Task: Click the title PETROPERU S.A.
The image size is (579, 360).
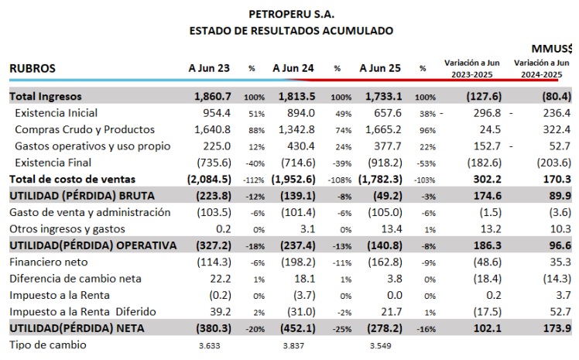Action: click(291, 14)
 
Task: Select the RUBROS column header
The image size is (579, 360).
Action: click(33, 68)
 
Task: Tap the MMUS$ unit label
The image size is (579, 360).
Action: click(552, 48)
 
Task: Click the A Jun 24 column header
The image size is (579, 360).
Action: click(293, 68)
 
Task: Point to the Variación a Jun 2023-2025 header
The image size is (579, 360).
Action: click(472, 69)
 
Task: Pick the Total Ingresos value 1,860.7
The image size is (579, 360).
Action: click(213, 96)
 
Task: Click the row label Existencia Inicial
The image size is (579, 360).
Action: click(57, 113)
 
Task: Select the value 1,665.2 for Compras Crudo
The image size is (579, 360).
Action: click(383, 129)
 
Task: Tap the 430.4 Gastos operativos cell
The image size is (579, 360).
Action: click(301, 146)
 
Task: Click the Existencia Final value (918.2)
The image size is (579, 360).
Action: click(385, 163)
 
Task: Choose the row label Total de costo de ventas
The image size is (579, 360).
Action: click(73, 180)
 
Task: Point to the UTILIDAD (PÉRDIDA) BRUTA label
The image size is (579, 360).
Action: click(82, 196)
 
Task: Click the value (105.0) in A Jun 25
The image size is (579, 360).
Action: click(385, 212)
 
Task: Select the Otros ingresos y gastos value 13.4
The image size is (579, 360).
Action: click(392, 229)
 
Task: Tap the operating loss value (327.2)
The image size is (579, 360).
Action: click(214, 245)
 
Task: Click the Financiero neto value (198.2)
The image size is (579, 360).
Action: click(298, 262)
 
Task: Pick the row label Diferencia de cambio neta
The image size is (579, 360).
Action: click(75, 279)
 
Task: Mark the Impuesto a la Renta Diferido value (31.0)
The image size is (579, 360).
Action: click(302, 312)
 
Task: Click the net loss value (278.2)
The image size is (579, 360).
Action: click(385, 328)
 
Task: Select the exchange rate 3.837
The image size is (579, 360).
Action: click(293, 345)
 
